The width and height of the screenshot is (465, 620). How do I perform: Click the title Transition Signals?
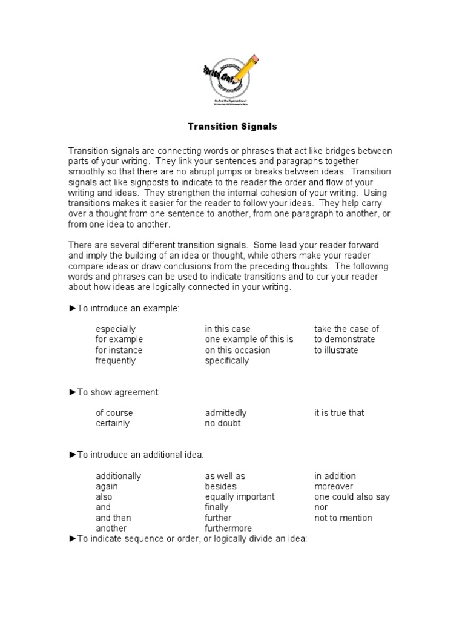tap(232, 127)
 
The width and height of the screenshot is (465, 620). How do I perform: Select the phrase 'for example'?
tap(119, 340)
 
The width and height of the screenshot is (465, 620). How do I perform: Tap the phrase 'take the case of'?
tap(346, 329)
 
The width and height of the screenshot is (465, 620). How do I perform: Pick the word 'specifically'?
tap(227, 361)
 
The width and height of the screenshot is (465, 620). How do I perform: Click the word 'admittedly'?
tap(226, 413)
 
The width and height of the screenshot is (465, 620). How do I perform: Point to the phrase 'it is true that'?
tap(339, 413)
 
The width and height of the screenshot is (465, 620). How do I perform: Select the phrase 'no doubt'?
tap(223, 424)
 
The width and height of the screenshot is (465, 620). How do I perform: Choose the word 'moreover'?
tap(334, 487)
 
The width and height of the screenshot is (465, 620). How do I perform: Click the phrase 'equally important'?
tap(240, 497)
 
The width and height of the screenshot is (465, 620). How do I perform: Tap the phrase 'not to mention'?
tap(343, 518)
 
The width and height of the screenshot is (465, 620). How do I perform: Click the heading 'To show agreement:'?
tap(119, 392)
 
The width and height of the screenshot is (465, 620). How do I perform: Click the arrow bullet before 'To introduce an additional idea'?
tap(73, 455)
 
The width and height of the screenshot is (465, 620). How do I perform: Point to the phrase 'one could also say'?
tap(352, 497)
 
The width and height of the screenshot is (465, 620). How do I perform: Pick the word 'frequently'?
tap(116, 361)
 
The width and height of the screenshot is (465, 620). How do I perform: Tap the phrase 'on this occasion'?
tap(237, 350)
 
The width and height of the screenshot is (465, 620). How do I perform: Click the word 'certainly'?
tap(113, 424)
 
